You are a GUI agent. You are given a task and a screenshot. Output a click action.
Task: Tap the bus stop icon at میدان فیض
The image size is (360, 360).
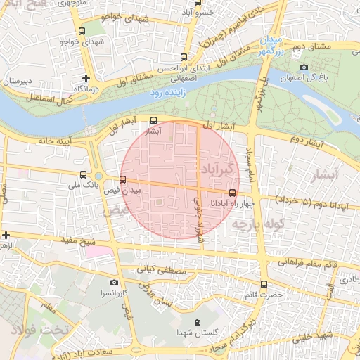pyautogui.click(x=123, y=179)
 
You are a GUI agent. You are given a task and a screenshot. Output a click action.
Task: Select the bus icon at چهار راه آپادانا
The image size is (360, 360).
pyautogui.click(x=232, y=193)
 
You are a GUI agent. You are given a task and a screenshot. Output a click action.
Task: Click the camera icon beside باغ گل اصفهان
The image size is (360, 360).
pyautogui.click(x=304, y=67)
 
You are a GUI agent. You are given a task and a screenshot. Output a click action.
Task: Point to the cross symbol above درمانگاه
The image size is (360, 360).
pyautogui.click(x=86, y=78)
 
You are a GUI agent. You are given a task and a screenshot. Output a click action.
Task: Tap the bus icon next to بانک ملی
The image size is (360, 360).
pyautogui.click(x=84, y=174)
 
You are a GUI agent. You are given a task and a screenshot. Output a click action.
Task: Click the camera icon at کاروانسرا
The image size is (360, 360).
pyautogui.click(x=114, y=283)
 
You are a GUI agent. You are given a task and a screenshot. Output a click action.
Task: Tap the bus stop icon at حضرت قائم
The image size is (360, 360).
pyautogui.click(x=264, y=284)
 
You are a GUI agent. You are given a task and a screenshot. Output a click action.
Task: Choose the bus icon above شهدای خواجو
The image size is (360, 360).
pyautogui.click(x=83, y=31)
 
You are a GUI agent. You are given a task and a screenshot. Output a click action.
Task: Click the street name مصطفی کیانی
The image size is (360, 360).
pyautogui.click(x=166, y=269)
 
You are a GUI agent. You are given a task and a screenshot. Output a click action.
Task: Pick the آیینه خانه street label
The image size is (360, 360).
pyautogui.click(x=36, y=141)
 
